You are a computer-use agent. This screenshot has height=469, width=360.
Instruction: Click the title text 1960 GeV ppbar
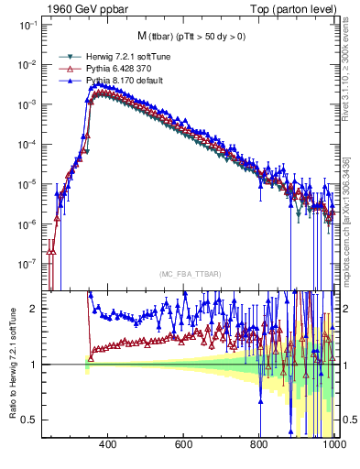(81, 7)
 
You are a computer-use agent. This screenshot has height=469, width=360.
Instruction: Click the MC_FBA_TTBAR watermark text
(187, 274)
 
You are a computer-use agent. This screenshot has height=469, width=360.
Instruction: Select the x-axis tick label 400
(107, 445)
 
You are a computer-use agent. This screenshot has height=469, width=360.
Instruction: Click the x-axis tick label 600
(183, 445)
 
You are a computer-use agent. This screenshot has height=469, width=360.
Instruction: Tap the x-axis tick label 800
(259, 445)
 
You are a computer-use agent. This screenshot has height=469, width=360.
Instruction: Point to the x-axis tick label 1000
(333, 445)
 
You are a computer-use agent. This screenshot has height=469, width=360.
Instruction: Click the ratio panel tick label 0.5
(30, 420)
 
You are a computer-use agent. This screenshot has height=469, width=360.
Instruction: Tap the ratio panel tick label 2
(35, 309)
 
